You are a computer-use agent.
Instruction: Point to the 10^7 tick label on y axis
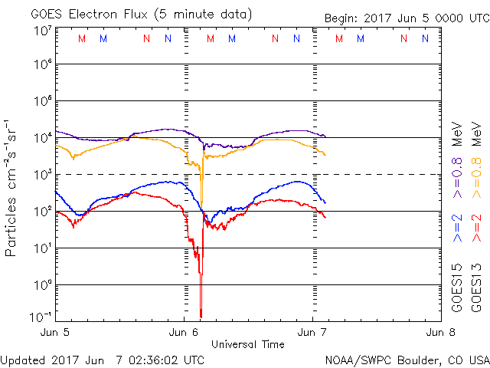[x=42, y=31]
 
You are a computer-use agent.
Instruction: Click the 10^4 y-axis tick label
[x=42, y=137]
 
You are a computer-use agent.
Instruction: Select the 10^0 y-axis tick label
[x=42, y=284]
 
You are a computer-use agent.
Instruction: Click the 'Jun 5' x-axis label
[x=57, y=333]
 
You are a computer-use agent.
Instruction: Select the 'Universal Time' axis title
[x=249, y=344]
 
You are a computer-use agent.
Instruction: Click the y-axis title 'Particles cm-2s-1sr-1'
[x=12, y=188]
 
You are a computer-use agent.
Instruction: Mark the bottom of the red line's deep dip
[x=201, y=316]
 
